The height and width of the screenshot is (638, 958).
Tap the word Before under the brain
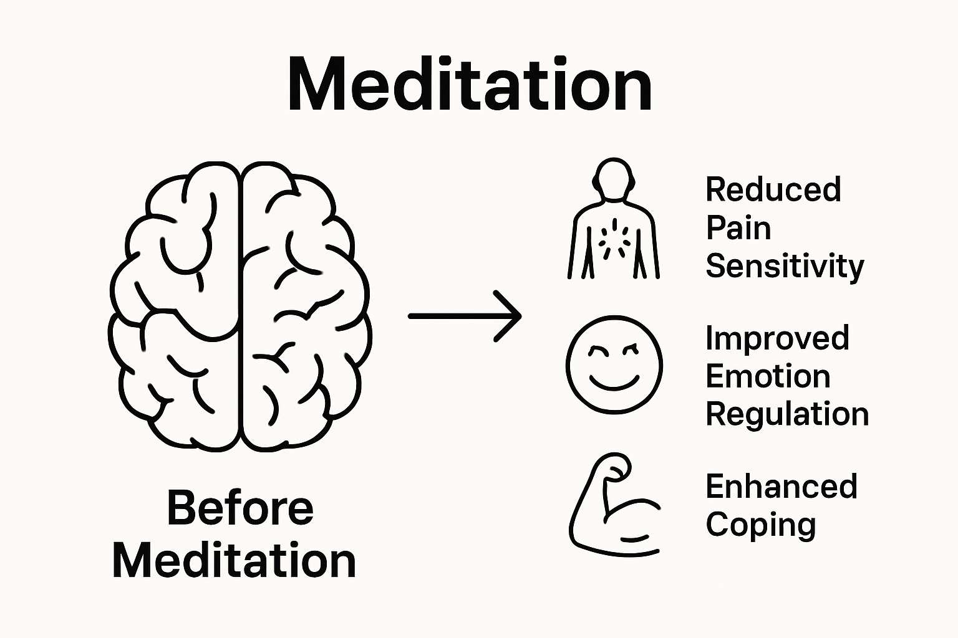pyautogui.click(x=240, y=508)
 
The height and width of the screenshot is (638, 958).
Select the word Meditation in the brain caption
pyautogui.click(x=234, y=561)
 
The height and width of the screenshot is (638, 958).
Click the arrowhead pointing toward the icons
pyautogui.click(x=510, y=316)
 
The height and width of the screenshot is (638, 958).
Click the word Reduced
pyautogui.click(x=773, y=189)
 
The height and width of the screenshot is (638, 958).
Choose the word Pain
pyautogui.click(x=738, y=228)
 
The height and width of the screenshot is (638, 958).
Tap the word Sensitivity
pyautogui.click(x=784, y=267)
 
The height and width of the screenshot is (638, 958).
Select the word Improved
pyautogui.click(x=777, y=339)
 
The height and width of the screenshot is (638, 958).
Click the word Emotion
pyautogui.click(x=768, y=376)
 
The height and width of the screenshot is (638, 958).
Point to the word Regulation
pyautogui.click(x=787, y=414)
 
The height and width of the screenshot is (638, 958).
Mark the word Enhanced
pyautogui.click(x=781, y=487)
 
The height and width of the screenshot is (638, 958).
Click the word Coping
pyautogui.click(x=760, y=525)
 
